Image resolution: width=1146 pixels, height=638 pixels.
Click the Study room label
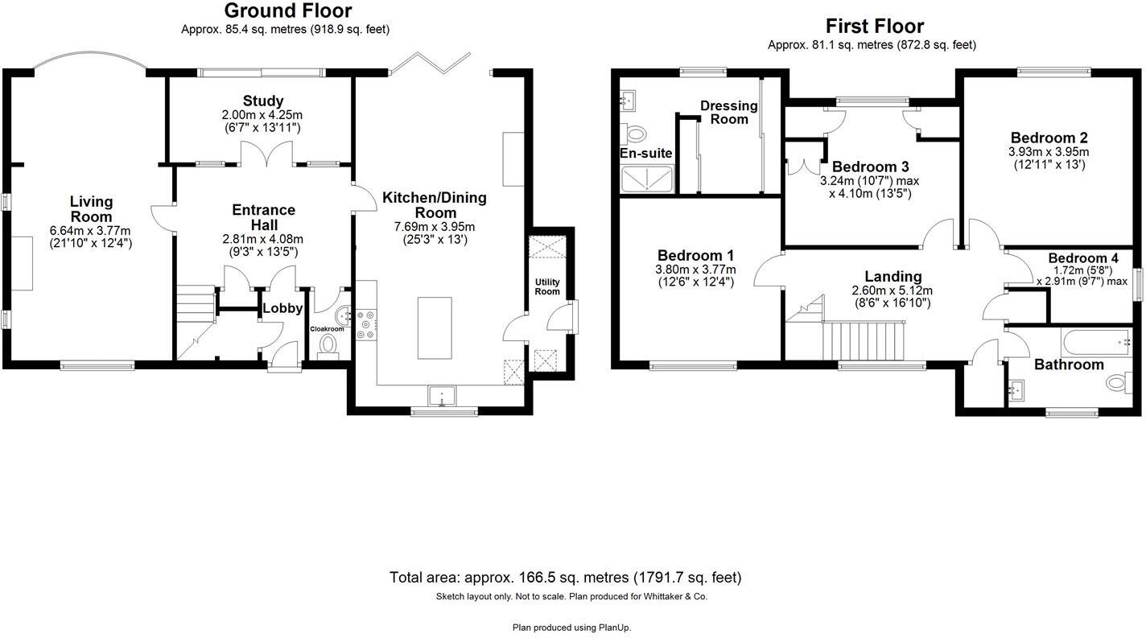point(263,101)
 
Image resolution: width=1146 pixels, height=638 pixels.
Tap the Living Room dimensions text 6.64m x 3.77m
point(90,231)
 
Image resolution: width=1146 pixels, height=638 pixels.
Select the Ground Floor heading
point(287,11)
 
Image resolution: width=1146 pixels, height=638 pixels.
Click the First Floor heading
point(875,27)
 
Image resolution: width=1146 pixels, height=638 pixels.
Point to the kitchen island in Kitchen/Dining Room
point(434,327)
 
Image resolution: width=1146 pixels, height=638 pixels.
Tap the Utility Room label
point(547,286)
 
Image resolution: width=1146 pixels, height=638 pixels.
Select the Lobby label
point(282,308)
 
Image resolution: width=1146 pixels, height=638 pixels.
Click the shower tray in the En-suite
point(647,179)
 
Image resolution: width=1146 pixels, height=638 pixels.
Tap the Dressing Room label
point(728,113)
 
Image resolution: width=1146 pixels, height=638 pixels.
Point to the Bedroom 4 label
point(1082,258)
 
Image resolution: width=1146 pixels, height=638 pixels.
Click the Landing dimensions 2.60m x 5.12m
point(892,291)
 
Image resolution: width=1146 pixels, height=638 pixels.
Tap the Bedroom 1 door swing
point(769,271)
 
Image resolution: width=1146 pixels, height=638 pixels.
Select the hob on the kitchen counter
point(364,323)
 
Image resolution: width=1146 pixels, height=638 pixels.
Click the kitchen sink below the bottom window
point(442,395)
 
